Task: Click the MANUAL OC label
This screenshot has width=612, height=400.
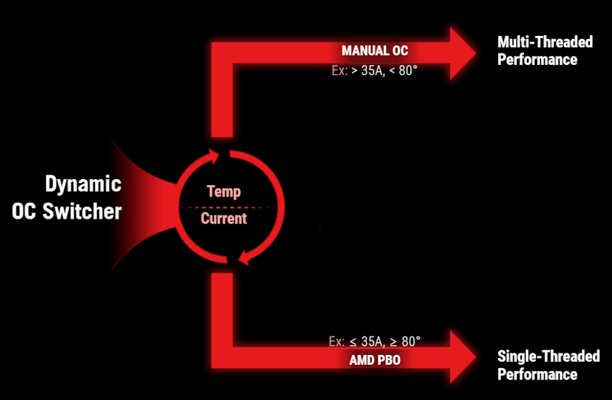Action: [x=375, y=50]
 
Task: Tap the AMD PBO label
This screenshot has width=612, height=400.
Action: [x=375, y=359]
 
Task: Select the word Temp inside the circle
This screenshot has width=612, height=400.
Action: [x=223, y=192]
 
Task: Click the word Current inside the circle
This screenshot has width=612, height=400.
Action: [x=223, y=219]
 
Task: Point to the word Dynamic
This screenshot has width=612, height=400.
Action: [x=83, y=184]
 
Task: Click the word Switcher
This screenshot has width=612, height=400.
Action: [x=82, y=211]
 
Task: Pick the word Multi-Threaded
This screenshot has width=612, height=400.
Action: [x=545, y=42]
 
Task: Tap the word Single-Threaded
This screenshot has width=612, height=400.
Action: [x=549, y=356]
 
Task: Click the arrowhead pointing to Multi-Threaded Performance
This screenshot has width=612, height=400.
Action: [x=463, y=54]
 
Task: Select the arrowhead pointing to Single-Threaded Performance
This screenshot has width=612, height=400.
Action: [x=463, y=356]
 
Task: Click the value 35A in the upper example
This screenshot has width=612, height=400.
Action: [x=372, y=70]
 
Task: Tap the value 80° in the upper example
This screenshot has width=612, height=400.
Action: [x=409, y=70]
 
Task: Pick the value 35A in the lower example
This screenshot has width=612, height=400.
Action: [x=372, y=341]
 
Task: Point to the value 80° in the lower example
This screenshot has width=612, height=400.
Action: [x=411, y=341]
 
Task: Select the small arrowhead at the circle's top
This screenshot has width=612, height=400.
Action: [x=213, y=156]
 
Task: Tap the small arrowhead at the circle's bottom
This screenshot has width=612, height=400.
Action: [x=244, y=258]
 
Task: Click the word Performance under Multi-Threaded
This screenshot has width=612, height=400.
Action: [x=537, y=60]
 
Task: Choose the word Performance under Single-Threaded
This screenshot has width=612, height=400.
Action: [x=537, y=374]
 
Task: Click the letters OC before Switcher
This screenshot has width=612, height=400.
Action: [x=24, y=212]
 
